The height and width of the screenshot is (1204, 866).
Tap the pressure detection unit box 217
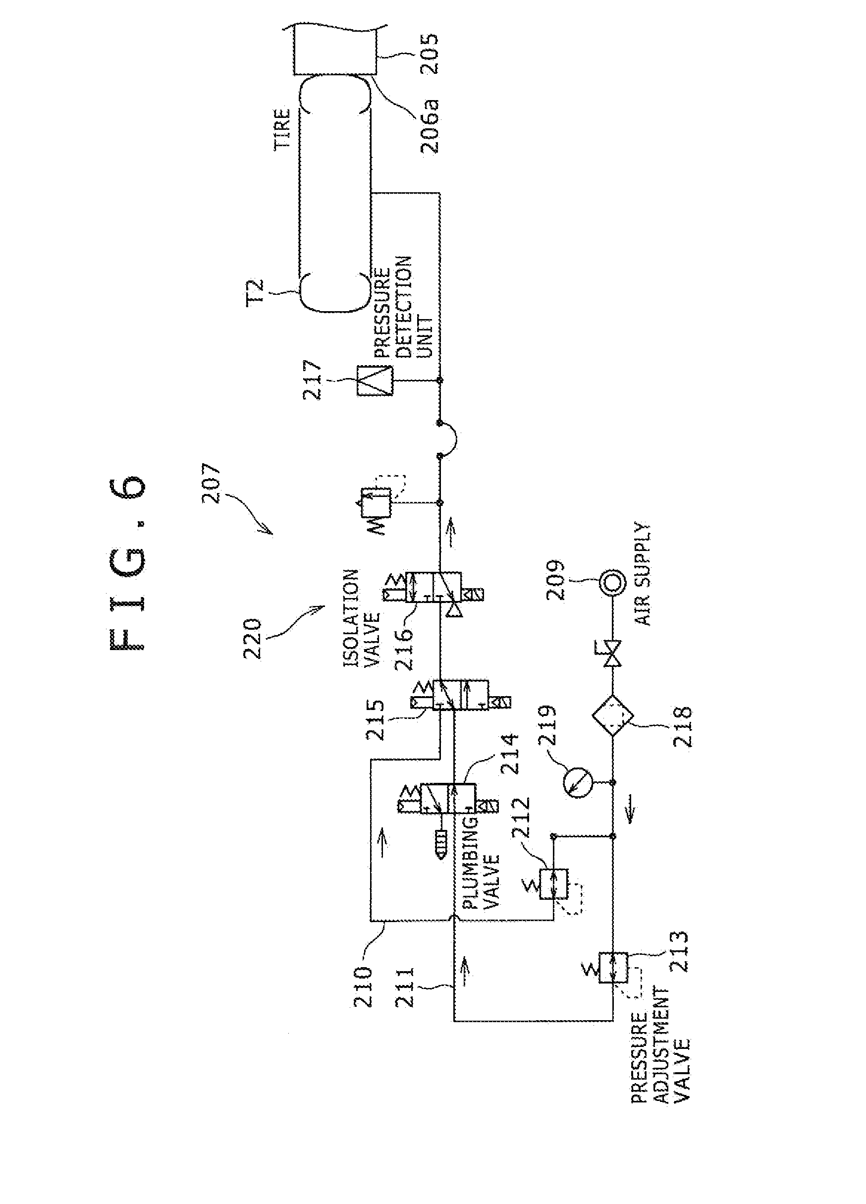(x=375, y=381)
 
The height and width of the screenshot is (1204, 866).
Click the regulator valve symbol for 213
(x=613, y=968)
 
